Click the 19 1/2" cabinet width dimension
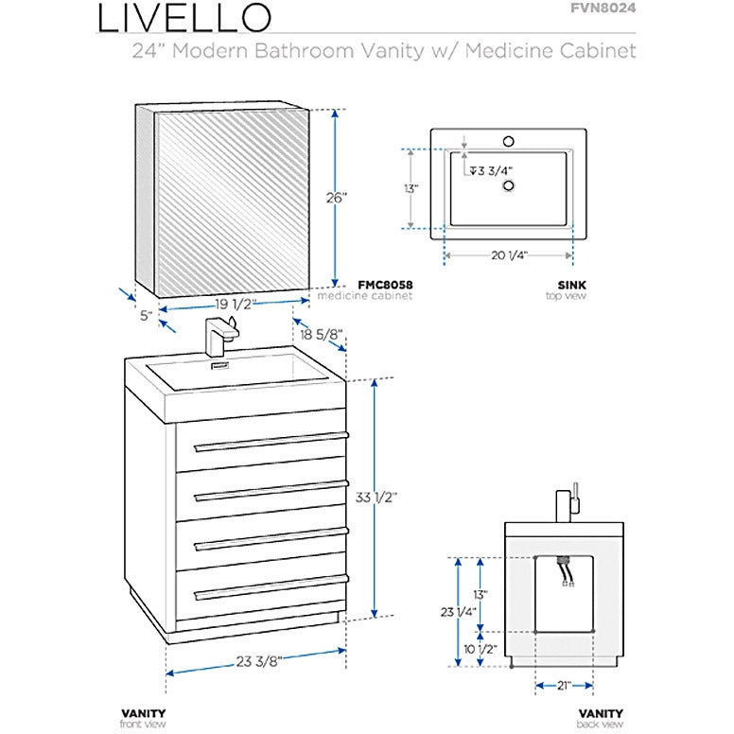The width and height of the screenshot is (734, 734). coord(231,303)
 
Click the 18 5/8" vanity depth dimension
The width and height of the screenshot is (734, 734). coord(323,333)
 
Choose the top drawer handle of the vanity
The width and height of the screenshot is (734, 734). coord(271,441)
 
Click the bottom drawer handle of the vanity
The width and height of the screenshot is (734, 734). coord(271,589)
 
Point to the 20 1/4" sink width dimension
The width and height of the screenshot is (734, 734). coord(509,255)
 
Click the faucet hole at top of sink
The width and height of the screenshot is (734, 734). coord(510,143)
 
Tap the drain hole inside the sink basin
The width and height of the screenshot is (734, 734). coord(510,185)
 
